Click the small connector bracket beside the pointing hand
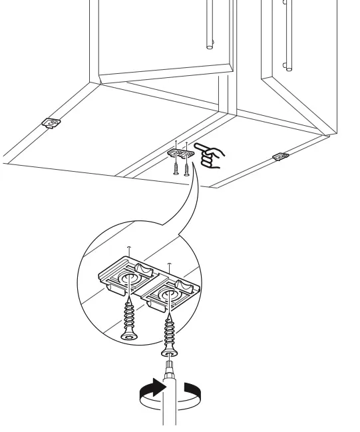[x=178, y=152]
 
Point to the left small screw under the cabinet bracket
[x=175, y=168]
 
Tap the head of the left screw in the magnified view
[x=128, y=338]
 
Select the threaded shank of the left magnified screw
[x=127, y=313]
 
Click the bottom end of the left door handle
[x=211, y=47]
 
